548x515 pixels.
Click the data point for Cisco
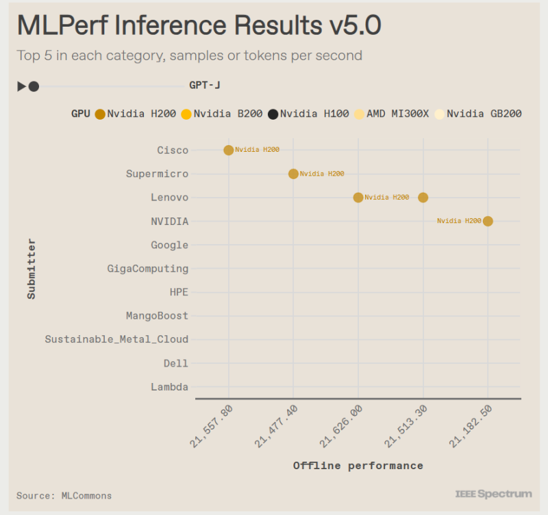pyautogui.click(x=229, y=150)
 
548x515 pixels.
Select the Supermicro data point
pyautogui.click(x=293, y=174)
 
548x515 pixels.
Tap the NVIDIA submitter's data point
pyautogui.click(x=488, y=221)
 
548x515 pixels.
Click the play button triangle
pyautogui.click(x=21, y=86)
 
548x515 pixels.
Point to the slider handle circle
pyautogui.click(x=34, y=86)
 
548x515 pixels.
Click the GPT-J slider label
pyautogui.click(x=205, y=85)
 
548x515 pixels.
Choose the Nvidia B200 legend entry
pyautogui.click(x=221, y=114)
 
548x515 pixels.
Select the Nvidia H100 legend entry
pyautogui.click(x=308, y=114)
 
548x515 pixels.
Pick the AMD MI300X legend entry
pyautogui.click(x=391, y=114)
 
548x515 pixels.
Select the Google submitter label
pyautogui.click(x=169, y=245)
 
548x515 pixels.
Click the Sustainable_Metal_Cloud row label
pyautogui.click(x=116, y=339)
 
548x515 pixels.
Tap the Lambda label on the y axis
pyautogui.click(x=169, y=387)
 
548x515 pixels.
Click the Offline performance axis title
pyautogui.click(x=358, y=466)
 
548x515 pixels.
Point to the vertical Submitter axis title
pyautogui.click(x=32, y=268)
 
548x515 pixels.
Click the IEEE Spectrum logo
pyautogui.click(x=493, y=494)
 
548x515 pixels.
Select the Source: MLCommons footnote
pyautogui.click(x=64, y=495)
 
